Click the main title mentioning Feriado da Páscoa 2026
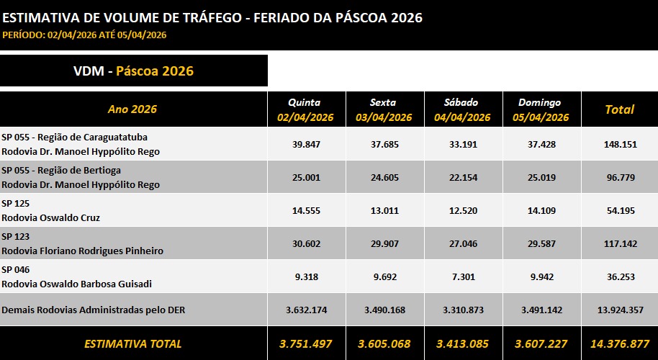[212, 17]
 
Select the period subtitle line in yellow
[84, 35]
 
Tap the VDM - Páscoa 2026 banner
[133, 71]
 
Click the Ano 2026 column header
[132, 109]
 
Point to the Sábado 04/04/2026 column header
[461, 109]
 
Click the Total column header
[619, 109]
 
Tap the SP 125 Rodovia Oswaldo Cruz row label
[50, 210]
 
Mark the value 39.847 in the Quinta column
[306, 144]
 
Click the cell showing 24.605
[384, 177]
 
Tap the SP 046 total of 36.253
[619, 276]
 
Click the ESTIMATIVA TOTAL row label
[132, 343]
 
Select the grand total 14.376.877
[619, 343]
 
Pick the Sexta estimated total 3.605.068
[384, 343]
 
